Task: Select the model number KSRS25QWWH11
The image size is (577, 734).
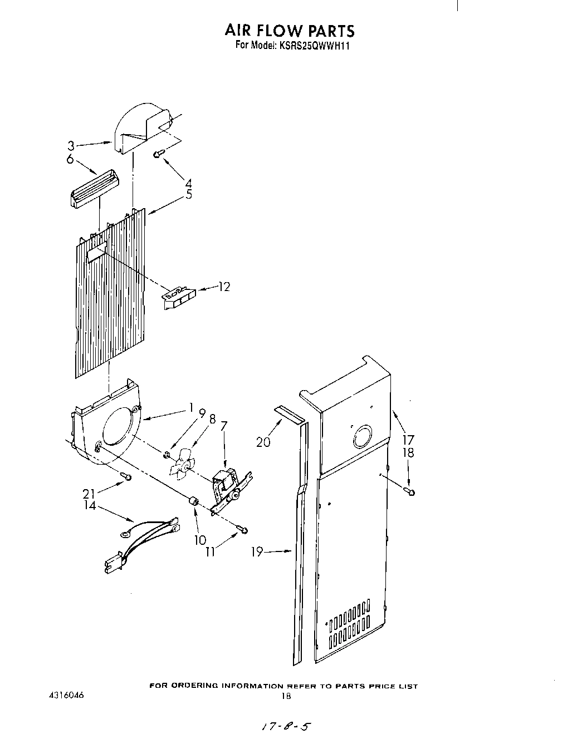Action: click(x=311, y=46)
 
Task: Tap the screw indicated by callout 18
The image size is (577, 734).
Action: click(x=411, y=491)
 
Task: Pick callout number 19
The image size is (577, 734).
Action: click(x=257, y=551)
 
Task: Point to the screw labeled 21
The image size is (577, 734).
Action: click(x=128, y=476)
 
